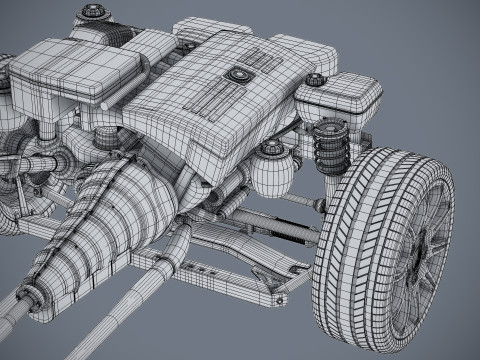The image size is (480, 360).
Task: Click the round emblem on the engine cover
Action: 239,73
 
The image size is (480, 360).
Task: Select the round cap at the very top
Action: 92,13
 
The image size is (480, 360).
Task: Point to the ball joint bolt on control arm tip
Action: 300,268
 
